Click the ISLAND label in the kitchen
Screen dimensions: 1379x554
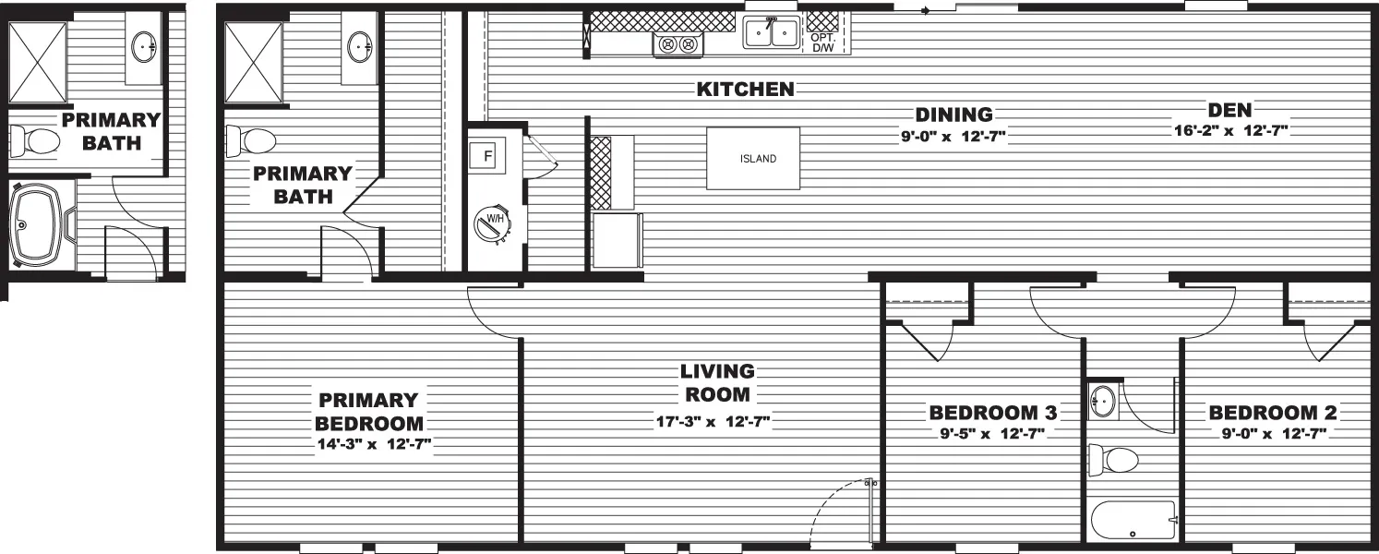(x=758, y=159)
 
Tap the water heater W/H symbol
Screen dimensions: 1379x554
(x=493, y=223)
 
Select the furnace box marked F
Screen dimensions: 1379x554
(x=487, y=156)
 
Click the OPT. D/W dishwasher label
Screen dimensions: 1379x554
(x=822, y=42)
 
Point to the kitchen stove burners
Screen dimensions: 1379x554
(x=678, y=44)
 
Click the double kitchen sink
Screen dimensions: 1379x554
(x=772, y=32)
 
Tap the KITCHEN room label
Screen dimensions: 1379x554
(x=746, y=90)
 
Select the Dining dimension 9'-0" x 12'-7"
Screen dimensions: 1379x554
(x=953, y=136)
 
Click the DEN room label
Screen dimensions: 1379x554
(x=1230, y=110)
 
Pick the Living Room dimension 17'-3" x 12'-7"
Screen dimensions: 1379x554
(x=713, y=422)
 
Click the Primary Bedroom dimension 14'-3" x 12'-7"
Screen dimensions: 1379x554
(x=374, y=444)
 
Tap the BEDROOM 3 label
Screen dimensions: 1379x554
(x=993, y=413)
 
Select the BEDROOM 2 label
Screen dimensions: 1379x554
(x=1273, y=413)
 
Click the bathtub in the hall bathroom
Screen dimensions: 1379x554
(x=1133, y=520)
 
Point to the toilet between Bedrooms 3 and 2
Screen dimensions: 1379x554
(x=1114, y=460)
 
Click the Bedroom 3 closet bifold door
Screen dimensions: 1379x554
(x=929, y=341)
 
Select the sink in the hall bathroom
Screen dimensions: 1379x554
(x=1102, y=401)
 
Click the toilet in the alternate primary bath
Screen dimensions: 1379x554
(x=34, y=141)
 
